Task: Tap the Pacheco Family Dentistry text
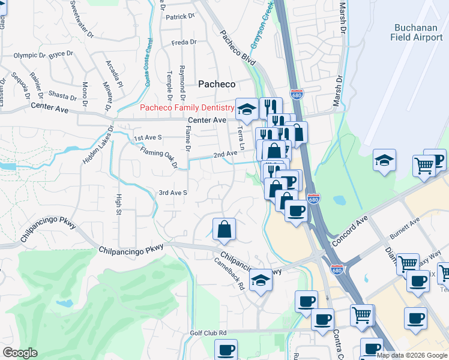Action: [187, 108]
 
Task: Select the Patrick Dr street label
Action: [181, 17]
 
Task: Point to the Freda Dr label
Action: [184, 43]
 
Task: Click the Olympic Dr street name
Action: [29, 55]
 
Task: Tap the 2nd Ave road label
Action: [221, 154]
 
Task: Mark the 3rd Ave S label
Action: [173, 193]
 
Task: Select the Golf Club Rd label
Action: [208, 332]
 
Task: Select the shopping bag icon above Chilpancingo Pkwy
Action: [224, 229]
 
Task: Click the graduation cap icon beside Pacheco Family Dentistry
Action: [246, 109]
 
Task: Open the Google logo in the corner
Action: [20, 353]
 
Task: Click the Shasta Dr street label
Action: [62, 96]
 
